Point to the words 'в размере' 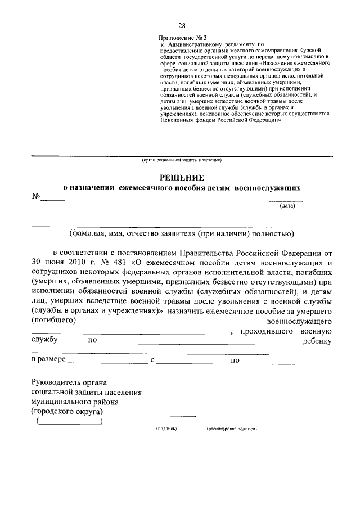49,359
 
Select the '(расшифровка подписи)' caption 232,429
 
